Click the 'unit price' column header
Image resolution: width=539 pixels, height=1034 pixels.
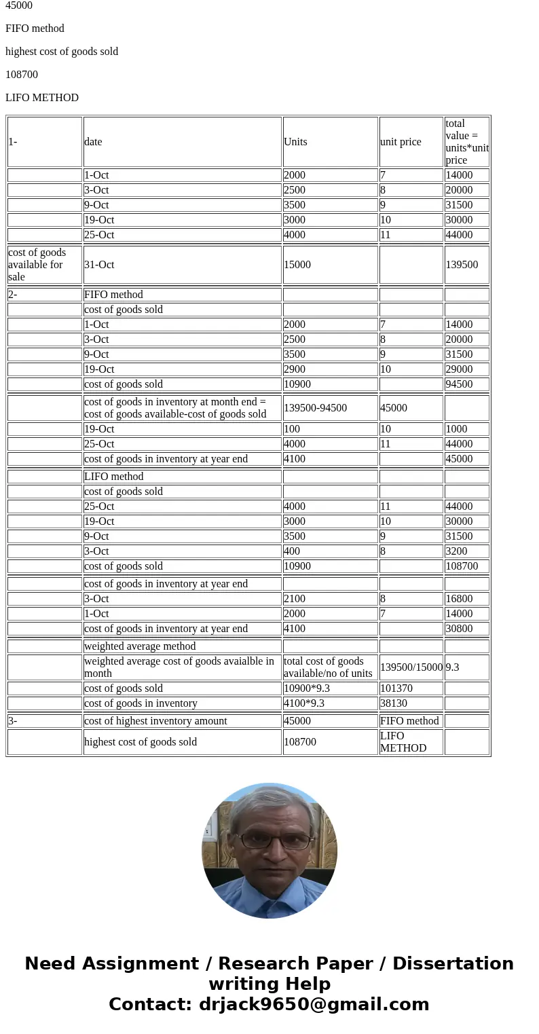coord(401,142)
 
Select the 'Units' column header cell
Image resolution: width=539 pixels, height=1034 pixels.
coord(295,142)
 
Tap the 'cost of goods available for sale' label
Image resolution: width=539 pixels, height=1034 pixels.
coord(37,265)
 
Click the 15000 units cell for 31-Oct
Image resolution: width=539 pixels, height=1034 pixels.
coord(297,265)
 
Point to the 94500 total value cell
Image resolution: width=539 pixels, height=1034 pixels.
coord(459,384)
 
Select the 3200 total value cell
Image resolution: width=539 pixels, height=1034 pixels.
coord(456,551)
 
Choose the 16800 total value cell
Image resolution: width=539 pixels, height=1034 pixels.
coord(459,599)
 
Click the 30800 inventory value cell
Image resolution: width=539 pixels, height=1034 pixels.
coord(459,629)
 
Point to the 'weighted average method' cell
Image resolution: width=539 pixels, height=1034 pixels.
coord(140,646)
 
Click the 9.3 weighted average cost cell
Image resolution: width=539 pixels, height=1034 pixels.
coord(453,667)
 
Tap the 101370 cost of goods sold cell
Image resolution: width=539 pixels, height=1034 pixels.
coord(396,688)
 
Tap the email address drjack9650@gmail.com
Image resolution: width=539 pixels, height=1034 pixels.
coord(314,1005)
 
